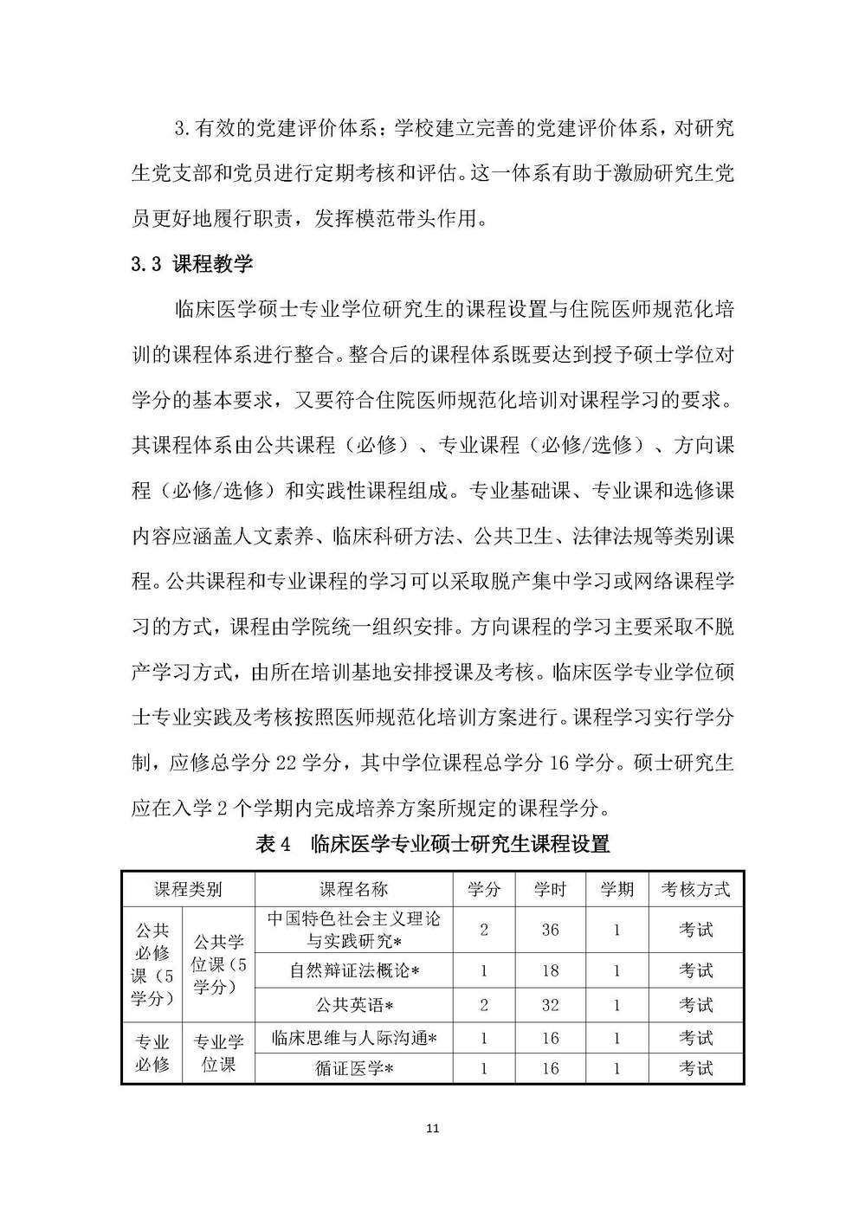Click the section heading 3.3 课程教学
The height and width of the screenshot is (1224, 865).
tap(192, 264)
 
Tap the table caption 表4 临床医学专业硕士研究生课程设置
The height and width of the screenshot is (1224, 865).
tap(433, 845)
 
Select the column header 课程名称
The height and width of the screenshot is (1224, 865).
tap(354, 889)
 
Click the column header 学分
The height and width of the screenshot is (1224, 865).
tap(484, 889)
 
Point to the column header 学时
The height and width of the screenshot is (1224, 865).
tap(551, 889)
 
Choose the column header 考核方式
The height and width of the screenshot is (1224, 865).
tap(695, 889)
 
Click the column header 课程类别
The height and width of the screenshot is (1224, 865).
tap(188, 889)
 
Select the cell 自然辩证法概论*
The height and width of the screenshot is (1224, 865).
tap(354, 970)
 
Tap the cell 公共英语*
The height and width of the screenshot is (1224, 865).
tap(354, 1005)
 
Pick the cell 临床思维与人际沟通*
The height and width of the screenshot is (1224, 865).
tap(354, 1038)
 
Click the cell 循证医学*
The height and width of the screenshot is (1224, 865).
tap(354, 1068)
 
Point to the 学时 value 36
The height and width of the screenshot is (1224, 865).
tap(551, 930)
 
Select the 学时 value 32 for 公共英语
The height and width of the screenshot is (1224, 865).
tap(551, 1005)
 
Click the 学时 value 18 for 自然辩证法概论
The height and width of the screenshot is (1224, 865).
tap(551, 970)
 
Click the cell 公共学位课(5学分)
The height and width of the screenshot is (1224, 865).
tap(219, 963)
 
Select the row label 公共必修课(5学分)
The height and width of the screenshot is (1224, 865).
tap(152, 963)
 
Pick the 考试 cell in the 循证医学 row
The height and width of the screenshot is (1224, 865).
tap(695, 1068)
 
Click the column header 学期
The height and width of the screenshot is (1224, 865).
tap(617, 889)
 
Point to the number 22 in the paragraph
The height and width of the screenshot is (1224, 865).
tap(286, 763)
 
